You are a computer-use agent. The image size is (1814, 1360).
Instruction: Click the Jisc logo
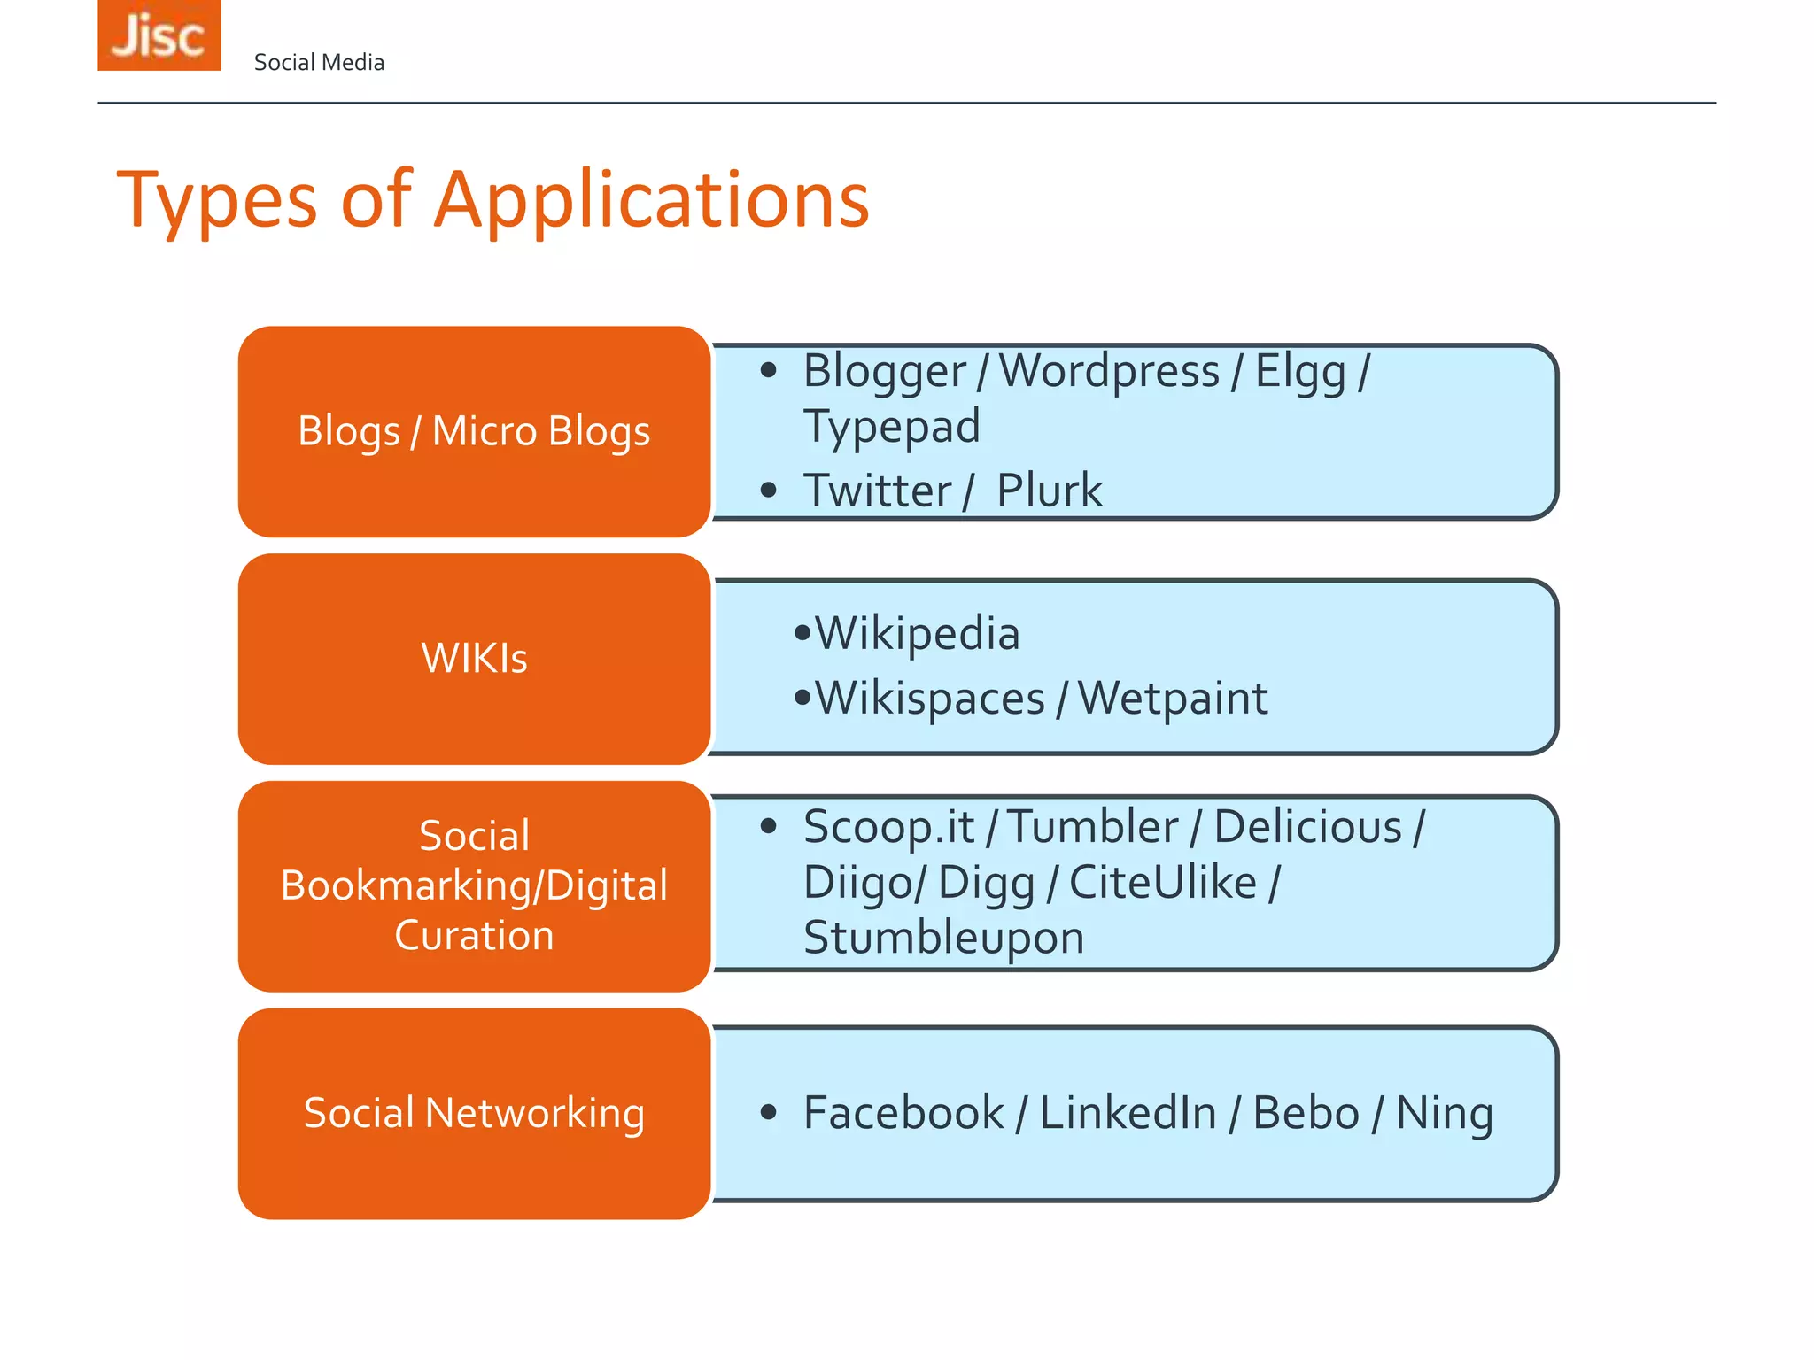[x=159, y=35]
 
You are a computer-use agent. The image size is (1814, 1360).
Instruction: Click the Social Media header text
[x=319, y=63]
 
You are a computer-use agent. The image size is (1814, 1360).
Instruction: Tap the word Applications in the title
[x=652, y=200]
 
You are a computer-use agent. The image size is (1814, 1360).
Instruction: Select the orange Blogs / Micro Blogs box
[x=474, y=431]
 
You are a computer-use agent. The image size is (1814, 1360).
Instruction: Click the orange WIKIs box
[x=474, y=659]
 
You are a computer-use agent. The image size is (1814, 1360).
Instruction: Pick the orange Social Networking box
[x=474, y=1113]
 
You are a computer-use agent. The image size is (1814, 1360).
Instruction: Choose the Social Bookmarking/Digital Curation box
[x=474, y=885]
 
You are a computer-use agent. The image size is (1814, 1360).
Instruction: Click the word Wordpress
[x=1109, y=372]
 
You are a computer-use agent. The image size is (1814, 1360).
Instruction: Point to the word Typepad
[x=891, y=427]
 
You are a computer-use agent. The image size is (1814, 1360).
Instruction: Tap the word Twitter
[x=877, y=491]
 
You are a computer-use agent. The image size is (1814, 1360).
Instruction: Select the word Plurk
[x=1050, y=491]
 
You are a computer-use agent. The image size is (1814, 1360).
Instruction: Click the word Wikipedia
[x=917, y=634]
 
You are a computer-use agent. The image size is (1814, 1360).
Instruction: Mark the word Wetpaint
[x=1173, y=699]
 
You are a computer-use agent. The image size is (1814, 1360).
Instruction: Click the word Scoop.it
[x=888, y=827]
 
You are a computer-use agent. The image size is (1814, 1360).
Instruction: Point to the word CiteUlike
[x=1163, y=883]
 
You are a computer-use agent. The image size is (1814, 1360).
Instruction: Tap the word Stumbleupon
[x=943, y=938]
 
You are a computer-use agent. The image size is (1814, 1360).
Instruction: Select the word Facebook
[x=903, y=1113]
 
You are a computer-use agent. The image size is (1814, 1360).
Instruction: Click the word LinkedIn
[x=1128, y=1113]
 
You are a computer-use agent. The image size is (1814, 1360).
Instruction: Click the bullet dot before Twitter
[x=768, y=490]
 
